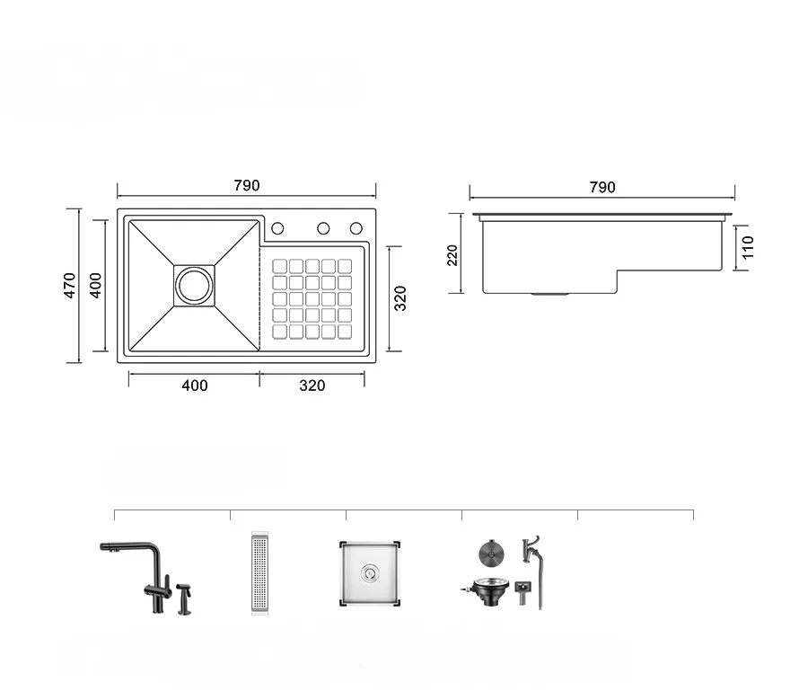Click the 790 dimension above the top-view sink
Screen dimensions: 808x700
246,186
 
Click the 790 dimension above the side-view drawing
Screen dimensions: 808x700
602,187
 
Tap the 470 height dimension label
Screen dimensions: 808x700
69,285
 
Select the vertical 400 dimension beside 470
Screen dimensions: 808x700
96,285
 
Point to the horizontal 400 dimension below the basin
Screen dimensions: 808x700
195,385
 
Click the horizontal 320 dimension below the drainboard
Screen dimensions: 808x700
312,385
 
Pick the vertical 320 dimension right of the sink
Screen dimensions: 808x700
400,298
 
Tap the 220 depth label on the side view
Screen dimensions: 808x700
452,255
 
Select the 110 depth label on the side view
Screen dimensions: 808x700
748,248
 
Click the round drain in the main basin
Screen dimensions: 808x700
194,286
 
